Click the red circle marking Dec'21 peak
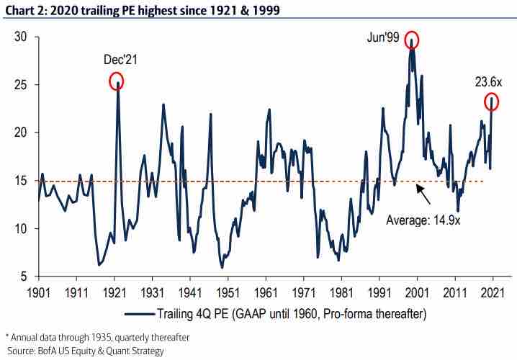[x=117, y=81]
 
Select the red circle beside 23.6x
[x=492, y=101]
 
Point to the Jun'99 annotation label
[x=382, y=36]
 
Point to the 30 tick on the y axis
[x=22, y=37]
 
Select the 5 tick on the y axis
[x=24, y=276]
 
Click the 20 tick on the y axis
[x=22, y=132]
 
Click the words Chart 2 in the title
[x=23, y=9]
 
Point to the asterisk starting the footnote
[x=7, y=336]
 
